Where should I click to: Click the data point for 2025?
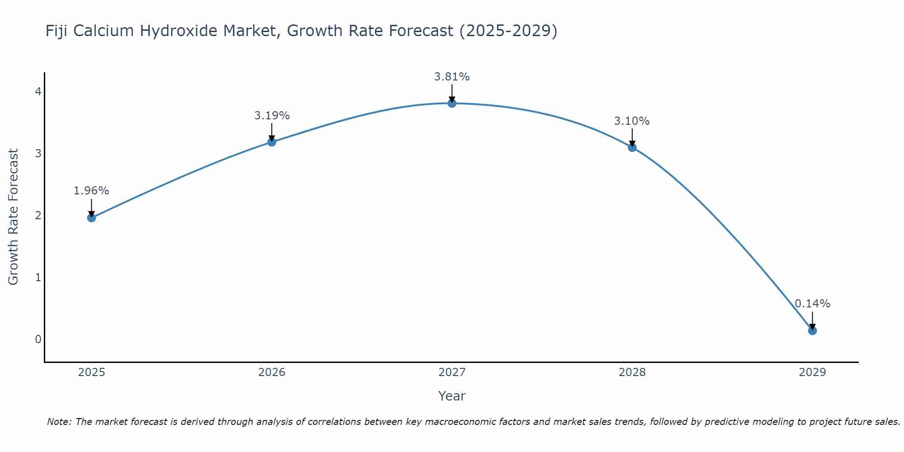pos(91,218)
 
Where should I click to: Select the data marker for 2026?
pos(272,142)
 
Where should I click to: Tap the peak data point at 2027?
pos(452,104)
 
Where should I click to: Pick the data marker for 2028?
pos(632,147)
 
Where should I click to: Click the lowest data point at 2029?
pos(812,331)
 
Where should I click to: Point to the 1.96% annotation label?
pos(91,191)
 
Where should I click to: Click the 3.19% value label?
pos(272,116)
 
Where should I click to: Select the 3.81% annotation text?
pos(452,77)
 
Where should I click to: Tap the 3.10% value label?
pos(632,121)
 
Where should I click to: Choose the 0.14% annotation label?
pos(812,304)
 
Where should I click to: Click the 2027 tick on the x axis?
pos(452,372)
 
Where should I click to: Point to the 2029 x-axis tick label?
pos(812,372)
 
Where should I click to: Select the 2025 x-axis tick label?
pos(91,372)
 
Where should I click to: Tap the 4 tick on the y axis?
pos(38,92)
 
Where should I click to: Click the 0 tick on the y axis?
pos(38,339)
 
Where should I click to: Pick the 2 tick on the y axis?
pos(38,216)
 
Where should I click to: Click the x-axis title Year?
pos(452,396)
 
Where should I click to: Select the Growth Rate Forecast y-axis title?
pos(14,217)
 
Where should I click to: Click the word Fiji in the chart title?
pos(57,31)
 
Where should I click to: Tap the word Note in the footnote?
pos(58,422)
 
